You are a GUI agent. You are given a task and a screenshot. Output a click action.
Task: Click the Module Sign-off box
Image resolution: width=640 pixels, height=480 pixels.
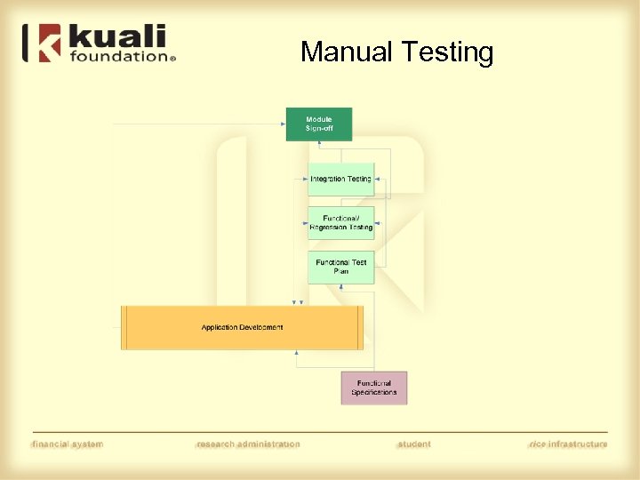(x=318, y=124)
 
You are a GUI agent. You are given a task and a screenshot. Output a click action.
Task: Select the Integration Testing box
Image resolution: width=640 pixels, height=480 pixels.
(x=340, y=179)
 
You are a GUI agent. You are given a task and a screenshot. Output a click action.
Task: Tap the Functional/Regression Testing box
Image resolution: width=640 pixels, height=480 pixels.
(x=340, y=223)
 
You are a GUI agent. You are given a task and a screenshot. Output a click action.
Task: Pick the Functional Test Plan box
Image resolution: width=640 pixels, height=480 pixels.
(x=340, y=267)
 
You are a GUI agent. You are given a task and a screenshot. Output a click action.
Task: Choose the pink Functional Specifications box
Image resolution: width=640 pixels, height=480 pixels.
(x=373, y=388)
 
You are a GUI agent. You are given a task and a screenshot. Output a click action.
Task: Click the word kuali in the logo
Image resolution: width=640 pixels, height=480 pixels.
(x=116, y=38)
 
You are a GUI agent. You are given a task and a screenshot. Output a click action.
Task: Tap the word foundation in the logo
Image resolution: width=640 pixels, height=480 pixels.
(x=117, y=56)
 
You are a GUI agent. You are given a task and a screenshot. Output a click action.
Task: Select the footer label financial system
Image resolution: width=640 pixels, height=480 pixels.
(x=68, y=444)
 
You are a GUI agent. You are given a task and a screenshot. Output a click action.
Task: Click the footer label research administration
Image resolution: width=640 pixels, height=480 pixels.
(x=248, y=444)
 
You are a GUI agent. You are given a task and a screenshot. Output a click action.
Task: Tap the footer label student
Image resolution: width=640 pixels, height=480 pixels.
(x=413, y=444)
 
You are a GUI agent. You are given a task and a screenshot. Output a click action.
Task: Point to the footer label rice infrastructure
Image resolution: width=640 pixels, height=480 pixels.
(x=567, y=444)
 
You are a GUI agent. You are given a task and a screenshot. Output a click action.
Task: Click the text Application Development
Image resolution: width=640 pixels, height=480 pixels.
(x=242, y=327)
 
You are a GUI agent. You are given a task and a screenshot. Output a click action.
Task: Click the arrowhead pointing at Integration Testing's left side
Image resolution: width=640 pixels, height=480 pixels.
(x=305, y=179)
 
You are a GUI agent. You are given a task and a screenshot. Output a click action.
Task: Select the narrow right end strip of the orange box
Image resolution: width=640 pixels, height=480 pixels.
(x=360, y=327)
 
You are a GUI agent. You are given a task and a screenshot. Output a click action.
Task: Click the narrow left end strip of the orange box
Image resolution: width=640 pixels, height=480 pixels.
(x=125, y=327)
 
